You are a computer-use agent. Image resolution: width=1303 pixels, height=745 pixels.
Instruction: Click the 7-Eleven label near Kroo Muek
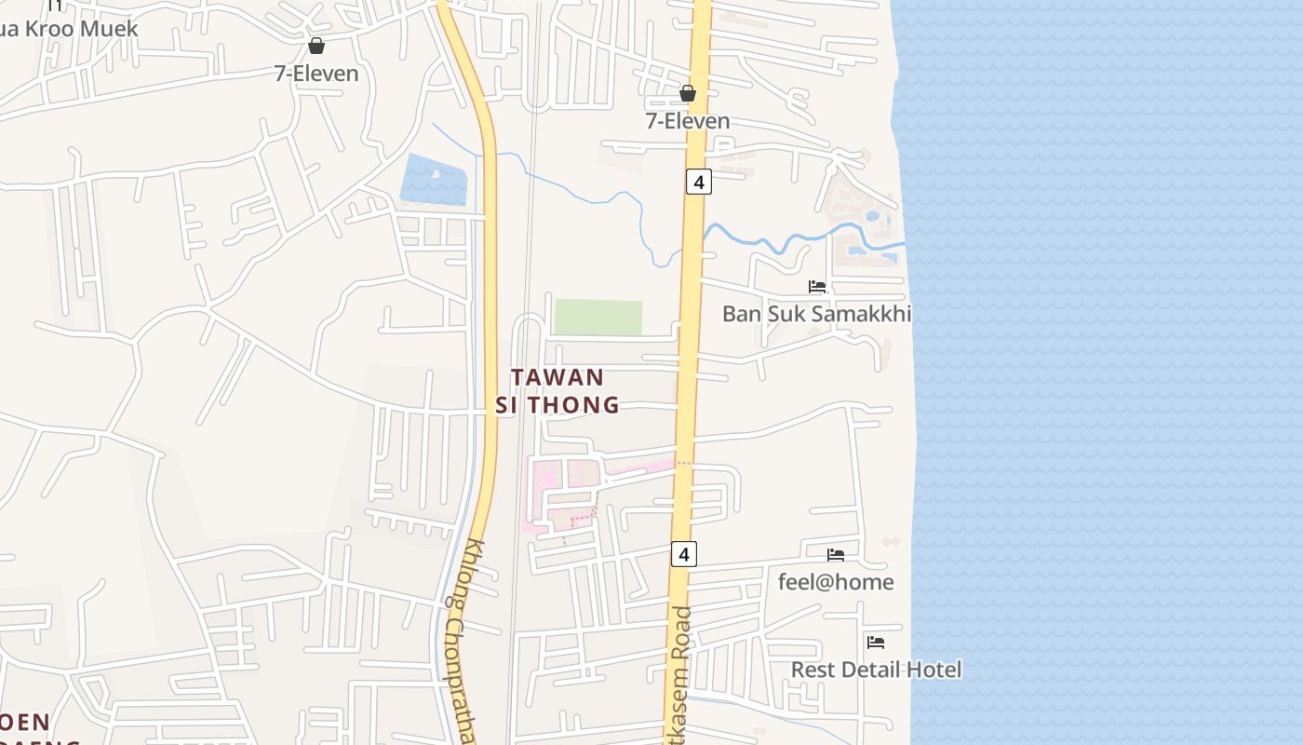316,74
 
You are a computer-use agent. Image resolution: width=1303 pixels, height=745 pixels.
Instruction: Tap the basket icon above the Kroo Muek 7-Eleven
316,46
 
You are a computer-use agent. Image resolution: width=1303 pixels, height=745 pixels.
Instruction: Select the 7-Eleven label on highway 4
688,121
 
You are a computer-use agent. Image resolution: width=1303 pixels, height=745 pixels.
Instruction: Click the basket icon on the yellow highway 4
688,93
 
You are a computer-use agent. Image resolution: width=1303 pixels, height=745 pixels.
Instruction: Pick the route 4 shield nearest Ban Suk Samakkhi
699,181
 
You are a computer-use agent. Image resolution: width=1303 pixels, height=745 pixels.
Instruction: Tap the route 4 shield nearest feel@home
684,554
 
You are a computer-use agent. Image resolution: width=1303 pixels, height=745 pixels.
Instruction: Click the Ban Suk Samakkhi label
816,314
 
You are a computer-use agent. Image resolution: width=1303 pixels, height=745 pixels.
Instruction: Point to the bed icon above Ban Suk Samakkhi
817,287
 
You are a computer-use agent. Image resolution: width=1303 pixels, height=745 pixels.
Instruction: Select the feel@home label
836,582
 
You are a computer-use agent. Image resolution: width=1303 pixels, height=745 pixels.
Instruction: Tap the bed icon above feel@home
836,555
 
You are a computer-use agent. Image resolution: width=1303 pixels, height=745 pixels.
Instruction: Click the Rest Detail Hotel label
876,670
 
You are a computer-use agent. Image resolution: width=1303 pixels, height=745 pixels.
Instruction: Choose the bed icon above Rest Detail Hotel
876,642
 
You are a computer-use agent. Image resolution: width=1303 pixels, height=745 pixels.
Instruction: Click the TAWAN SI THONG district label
557,390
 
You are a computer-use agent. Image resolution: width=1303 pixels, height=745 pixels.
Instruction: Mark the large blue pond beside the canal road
434,180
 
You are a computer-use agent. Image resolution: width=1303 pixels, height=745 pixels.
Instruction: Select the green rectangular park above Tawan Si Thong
598,317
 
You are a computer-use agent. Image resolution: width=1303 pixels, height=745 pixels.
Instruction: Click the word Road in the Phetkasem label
683,633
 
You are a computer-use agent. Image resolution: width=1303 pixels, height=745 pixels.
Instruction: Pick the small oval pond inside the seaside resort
871,216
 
